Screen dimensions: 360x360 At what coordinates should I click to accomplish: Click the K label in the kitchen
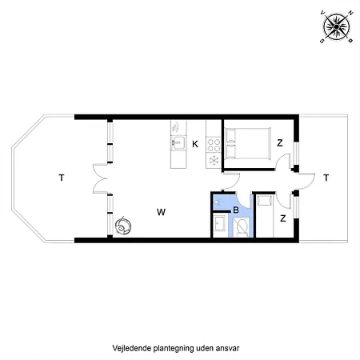[195, 144]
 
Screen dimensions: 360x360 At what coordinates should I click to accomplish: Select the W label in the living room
[161, 212]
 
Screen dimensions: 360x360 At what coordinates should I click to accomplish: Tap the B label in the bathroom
[235, 210]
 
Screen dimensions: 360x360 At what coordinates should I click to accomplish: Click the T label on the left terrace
[61, 178]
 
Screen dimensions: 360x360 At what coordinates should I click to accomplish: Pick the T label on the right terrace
[326, 178]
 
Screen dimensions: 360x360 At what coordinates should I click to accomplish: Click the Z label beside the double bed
[279, 143]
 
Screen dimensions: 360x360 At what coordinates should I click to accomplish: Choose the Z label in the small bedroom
[283, 216]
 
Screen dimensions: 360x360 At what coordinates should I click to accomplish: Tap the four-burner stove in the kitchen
[214, 145]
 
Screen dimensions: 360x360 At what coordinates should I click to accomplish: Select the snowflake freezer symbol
[214, 161]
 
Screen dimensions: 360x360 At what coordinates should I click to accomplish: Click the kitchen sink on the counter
[178, 144]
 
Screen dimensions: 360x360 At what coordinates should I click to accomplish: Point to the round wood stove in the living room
[122, 226]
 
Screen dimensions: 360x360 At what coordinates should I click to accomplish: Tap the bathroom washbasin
[220, 224]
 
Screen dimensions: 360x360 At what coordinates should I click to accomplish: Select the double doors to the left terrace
[100, 178]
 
